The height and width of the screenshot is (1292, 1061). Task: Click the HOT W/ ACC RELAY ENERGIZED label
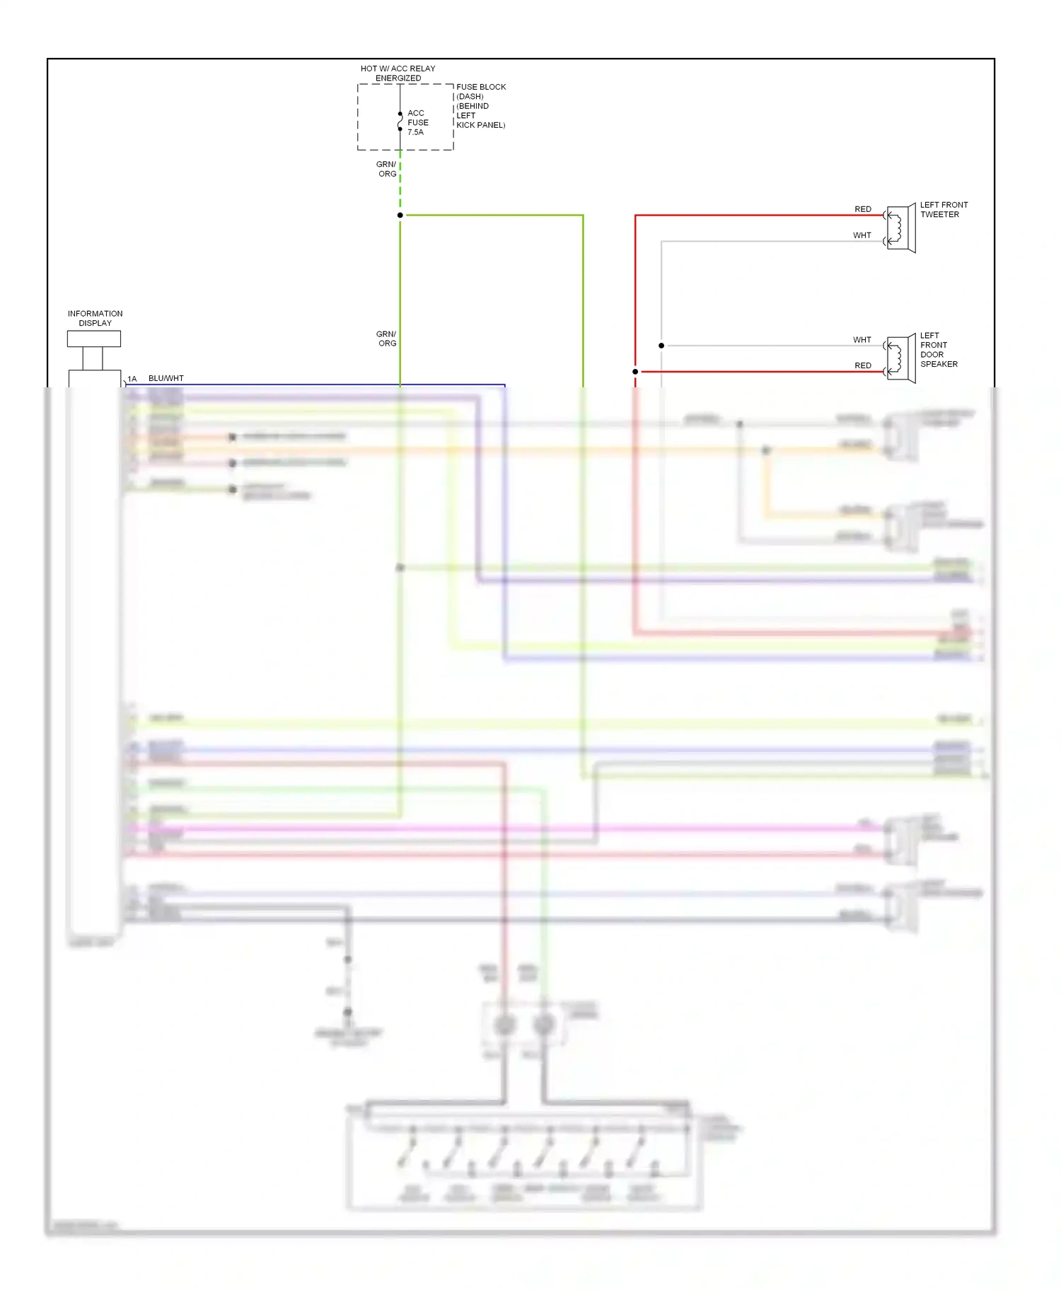coord(398,74)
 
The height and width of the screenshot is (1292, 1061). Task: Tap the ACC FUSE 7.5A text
coord(417,122)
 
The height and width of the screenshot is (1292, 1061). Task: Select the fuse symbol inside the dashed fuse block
coord(400,122)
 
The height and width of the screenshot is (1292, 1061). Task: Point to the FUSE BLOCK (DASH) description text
coord(481,106)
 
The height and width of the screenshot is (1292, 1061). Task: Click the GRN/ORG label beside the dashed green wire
coord(387,169)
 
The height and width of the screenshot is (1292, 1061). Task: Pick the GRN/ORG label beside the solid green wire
coord(387,339)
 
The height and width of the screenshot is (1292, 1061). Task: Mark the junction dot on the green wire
coord(400,215)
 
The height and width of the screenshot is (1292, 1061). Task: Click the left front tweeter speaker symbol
coord(900,228)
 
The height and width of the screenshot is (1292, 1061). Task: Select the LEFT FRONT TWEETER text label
coord(944,210)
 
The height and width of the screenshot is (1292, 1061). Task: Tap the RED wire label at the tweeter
coord(863,209)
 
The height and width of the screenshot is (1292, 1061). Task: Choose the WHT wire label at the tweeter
coord(862,235)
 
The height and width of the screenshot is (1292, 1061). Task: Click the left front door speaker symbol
coord(900,359)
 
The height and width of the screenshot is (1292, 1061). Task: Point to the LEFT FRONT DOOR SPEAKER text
coord(939,350)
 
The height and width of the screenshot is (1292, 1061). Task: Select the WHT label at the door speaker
coord(862,340)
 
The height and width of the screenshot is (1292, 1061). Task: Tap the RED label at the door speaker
coord(863,365)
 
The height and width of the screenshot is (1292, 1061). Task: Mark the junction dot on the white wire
coord(661,346)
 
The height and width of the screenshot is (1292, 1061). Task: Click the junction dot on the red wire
coord(635,372)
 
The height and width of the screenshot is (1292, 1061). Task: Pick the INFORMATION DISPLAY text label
coord(95,318)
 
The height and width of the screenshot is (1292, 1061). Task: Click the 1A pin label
coord(132,379)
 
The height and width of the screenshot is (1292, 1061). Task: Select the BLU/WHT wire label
coord(166,378)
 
